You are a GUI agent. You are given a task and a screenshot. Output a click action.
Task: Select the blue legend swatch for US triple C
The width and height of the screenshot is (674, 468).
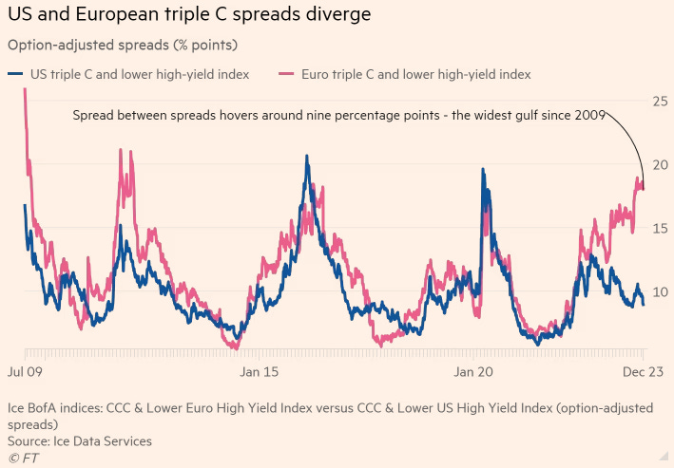(14, 74)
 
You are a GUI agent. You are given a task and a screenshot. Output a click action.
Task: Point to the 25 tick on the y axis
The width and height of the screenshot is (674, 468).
(658, 101)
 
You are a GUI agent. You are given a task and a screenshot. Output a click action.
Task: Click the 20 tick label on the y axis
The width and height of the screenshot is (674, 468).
(658, 164)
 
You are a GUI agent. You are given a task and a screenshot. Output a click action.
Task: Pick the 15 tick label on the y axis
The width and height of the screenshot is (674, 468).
(658, 228)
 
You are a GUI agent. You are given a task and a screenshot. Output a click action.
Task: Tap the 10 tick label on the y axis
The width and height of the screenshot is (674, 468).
(658, 291)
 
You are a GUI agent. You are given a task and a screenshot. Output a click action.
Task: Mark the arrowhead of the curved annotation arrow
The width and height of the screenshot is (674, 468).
(643, 187)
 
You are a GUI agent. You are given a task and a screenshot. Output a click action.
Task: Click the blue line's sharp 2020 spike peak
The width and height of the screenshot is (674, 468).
(483, 170)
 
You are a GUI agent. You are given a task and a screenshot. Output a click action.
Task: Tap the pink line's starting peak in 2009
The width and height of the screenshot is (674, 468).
(24, 89)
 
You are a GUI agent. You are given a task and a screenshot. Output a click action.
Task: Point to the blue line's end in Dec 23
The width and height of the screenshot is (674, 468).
(644, 304)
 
